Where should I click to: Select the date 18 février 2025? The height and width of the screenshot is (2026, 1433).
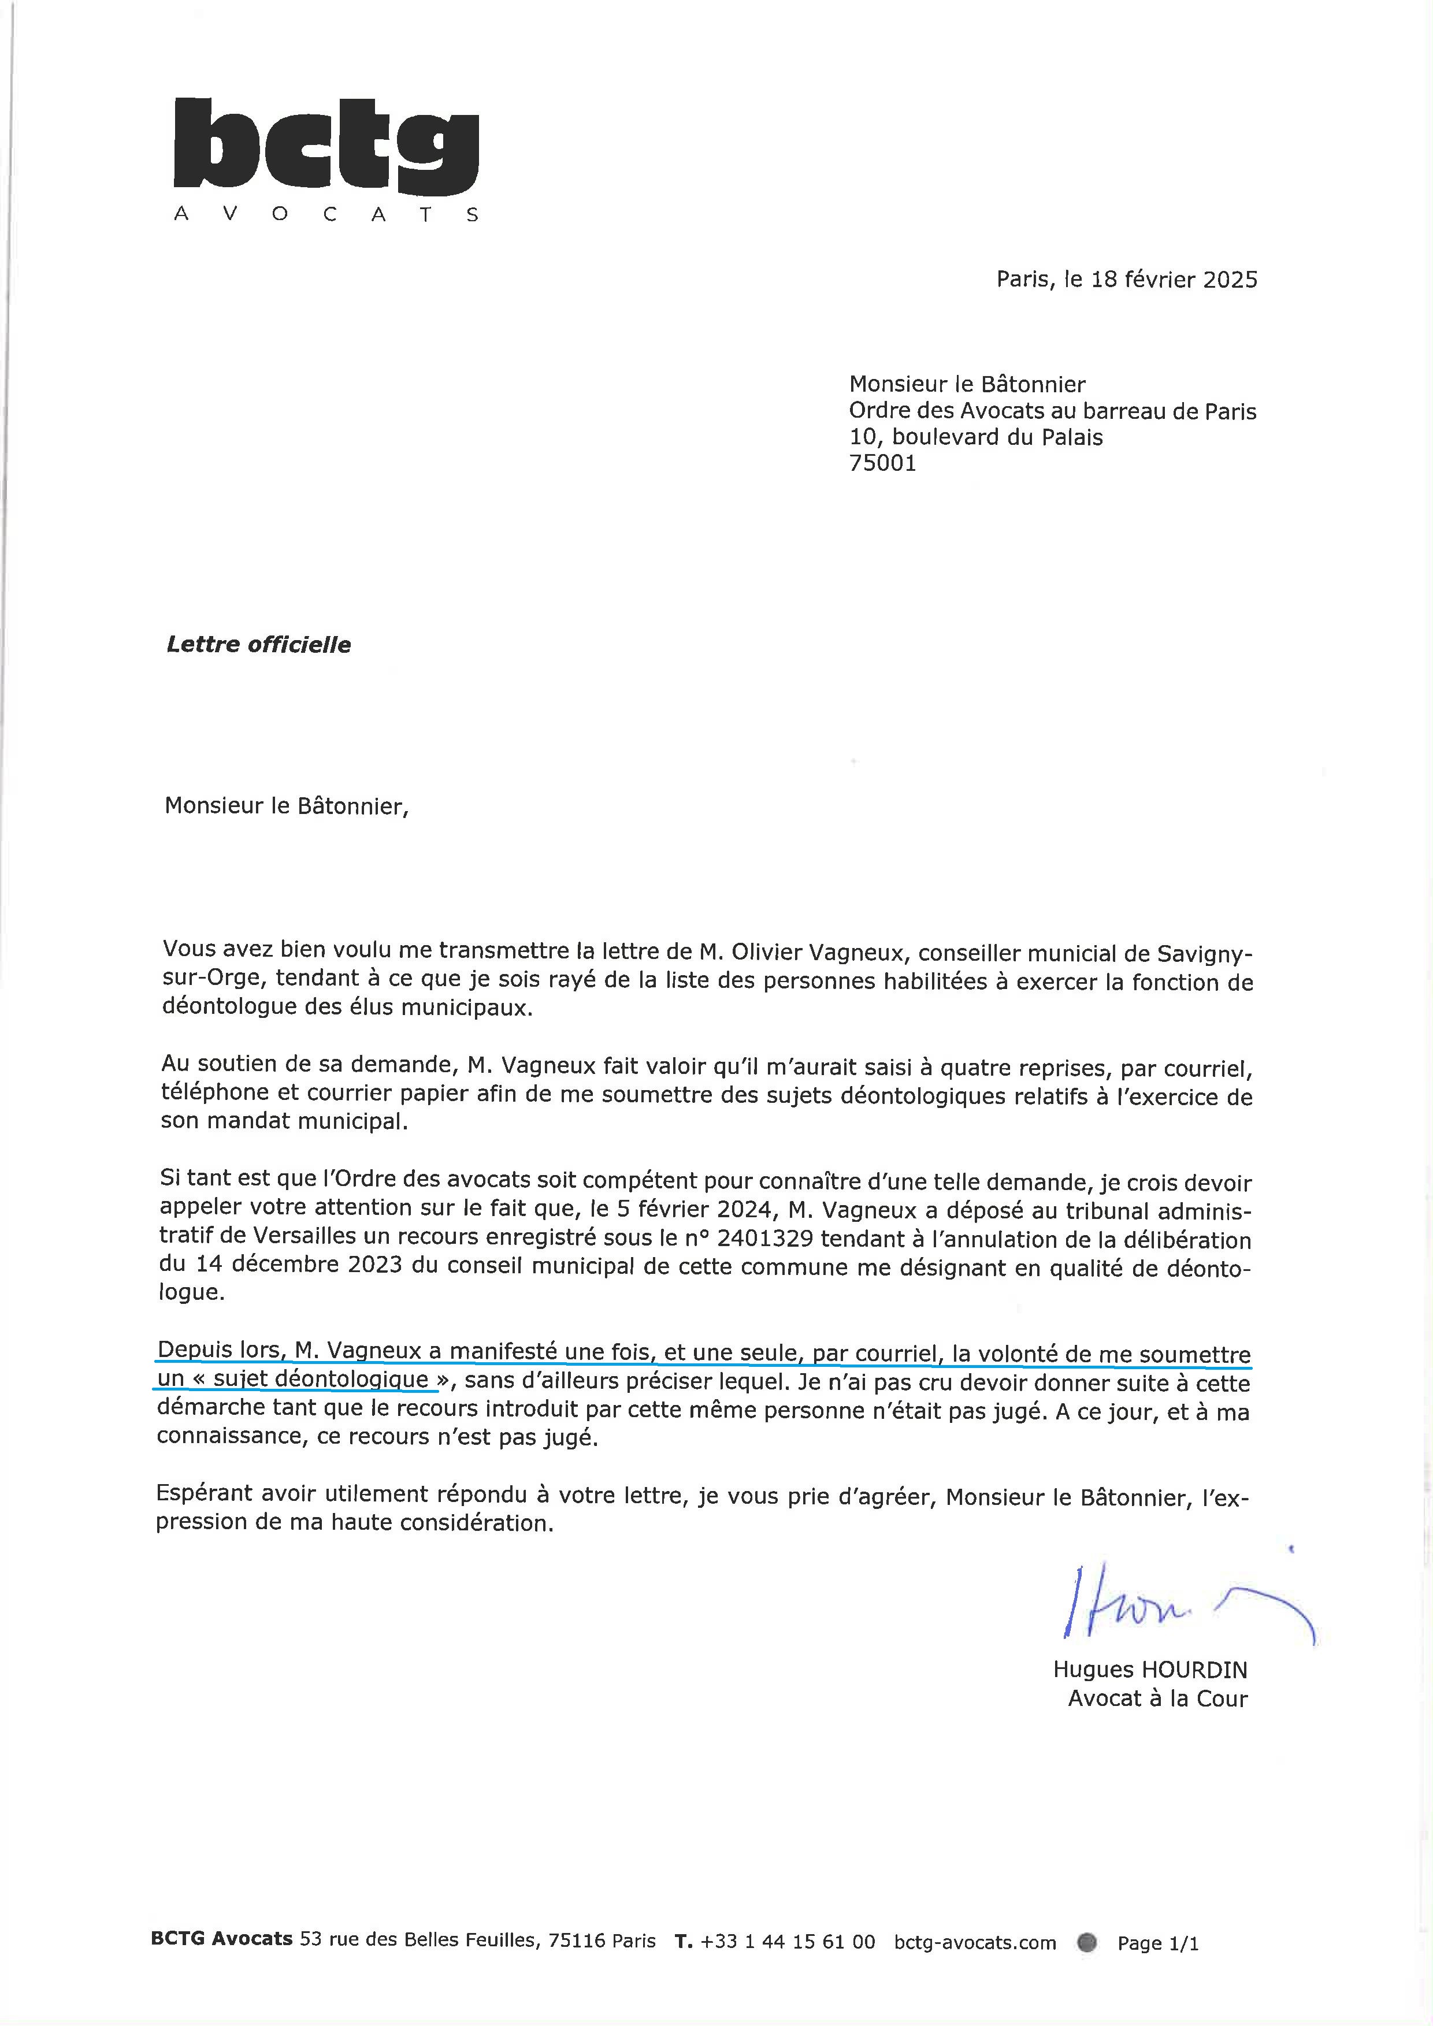tap(1174, 280)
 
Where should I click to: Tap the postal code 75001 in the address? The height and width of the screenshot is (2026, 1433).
tap(882, 463)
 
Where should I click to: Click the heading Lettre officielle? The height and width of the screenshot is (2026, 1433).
tap(258, 645)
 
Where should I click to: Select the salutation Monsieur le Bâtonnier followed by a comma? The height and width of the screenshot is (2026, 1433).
tap(287, 806)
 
